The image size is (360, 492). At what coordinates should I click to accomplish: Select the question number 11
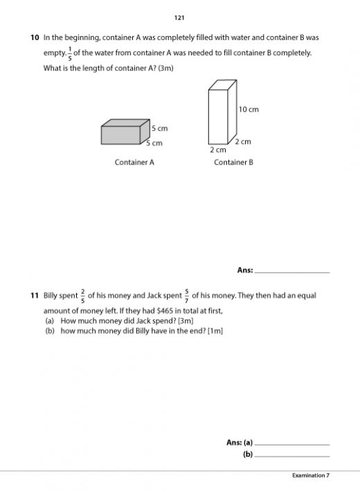(34, 295)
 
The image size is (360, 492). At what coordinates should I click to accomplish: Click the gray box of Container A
(125, 132)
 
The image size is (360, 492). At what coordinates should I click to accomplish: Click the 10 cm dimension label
(249, 109)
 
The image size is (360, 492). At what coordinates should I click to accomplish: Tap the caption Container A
(134, 163)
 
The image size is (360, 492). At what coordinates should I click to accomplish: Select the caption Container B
(233, 163)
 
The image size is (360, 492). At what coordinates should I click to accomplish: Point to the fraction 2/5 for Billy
(82, 295)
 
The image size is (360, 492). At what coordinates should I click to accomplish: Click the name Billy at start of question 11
(52, 295)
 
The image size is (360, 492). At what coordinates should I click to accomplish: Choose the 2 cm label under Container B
(218, 149)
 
